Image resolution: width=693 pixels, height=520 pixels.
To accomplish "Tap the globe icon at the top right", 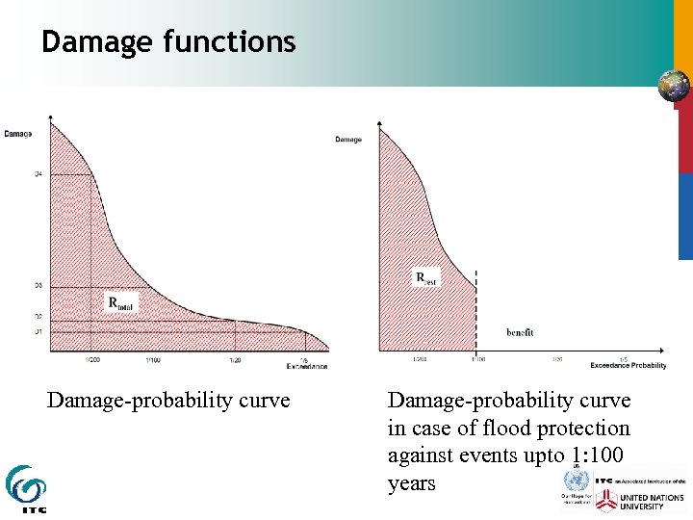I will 673,86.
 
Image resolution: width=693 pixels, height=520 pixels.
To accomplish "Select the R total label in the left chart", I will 122,303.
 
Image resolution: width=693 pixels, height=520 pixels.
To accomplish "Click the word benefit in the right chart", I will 520,332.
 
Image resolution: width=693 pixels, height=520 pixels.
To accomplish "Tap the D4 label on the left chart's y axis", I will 38,174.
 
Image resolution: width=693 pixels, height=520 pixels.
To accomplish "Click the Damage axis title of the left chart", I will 17,134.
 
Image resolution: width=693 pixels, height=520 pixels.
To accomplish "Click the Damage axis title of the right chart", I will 348,140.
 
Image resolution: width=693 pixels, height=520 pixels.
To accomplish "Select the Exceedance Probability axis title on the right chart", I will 628,366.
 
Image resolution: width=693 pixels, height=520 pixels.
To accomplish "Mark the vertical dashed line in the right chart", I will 475,308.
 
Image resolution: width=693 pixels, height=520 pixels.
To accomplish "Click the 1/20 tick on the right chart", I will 556,359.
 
